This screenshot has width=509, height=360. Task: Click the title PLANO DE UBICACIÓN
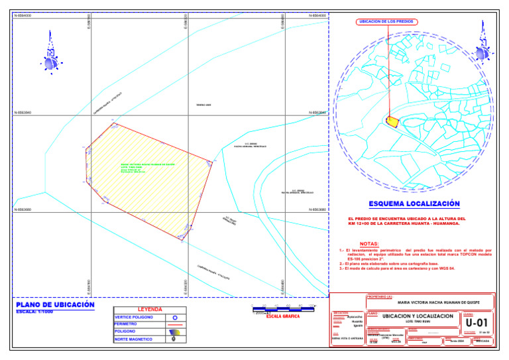click(x=55, y=305)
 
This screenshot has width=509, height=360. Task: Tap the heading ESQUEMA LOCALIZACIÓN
click(x=414, y=204)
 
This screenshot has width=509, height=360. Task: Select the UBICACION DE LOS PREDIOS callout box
click(x=386, y=22)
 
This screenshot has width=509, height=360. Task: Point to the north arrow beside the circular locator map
click(x=481, y=51)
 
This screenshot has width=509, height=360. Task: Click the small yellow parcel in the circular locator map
click(x=392, y=121)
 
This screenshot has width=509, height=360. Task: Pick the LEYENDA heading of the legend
click(x=149, y=310)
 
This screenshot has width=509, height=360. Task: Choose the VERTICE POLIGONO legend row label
click(x=134, y=318)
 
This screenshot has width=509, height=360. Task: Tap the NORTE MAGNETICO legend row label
click(x=134, y=339)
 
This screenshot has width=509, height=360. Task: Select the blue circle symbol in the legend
click(x=174, y=318)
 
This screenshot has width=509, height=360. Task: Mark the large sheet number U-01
click(x=477, y=322)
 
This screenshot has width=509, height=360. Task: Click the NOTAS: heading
click(x=369, y=244)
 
